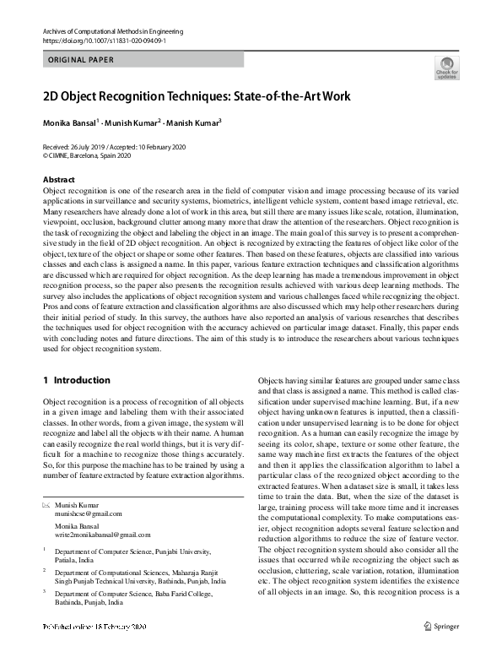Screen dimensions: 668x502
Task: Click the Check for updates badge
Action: click(447, 68)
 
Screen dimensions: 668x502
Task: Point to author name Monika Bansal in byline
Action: click(71, 122)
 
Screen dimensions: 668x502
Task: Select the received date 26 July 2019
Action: click(91, 146)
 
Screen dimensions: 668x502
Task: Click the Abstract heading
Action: click(59, 180)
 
